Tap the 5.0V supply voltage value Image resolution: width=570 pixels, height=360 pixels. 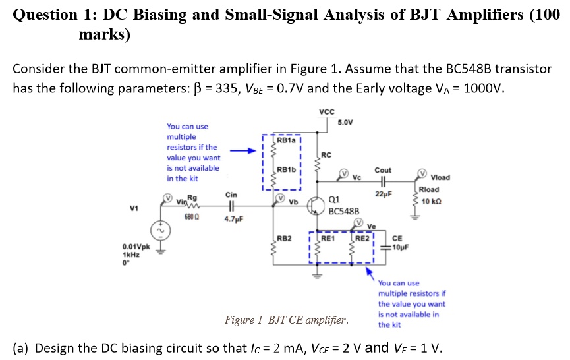click(x=346, y=123)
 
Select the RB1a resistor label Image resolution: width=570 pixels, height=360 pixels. click(x=287, y=140)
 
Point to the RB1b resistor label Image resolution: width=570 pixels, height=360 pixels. click(x=287, y=169)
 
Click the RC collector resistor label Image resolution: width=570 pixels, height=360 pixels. click(x=328, y=155)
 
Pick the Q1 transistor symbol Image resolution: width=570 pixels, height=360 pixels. click(x=319, y=203)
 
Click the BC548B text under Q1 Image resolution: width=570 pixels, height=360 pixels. click(x=343, y=212)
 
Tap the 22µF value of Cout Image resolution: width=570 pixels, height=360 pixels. click(x=382, y=194)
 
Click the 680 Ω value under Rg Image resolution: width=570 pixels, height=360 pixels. click(x=192, y=216)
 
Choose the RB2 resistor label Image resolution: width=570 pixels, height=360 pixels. click(x=284, y=238)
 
